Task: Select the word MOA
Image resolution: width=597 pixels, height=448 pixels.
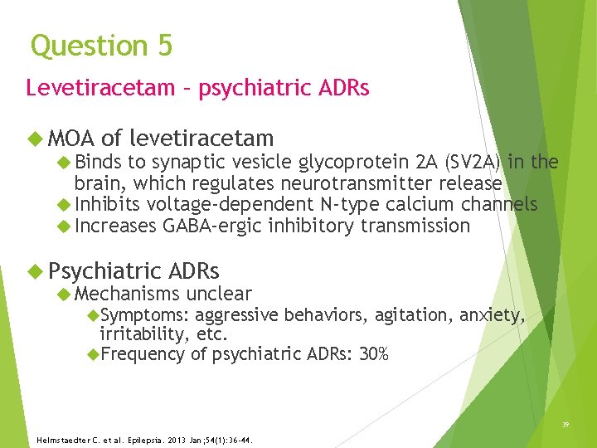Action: pyautogui.click(x=70, y=139)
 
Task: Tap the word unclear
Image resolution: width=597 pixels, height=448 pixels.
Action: pyautogui.click(x=219, y=293)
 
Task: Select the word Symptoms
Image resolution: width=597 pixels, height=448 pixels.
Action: pyautogui.click(x=144, y=314)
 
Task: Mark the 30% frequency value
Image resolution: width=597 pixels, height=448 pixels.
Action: pyautogui.click(x=373, y=354)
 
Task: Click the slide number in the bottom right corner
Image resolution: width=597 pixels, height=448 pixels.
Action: pyautogui.click(x=565, y=423)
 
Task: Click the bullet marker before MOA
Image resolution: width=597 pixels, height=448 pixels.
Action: pyautogui.click(x=34, y=139)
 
